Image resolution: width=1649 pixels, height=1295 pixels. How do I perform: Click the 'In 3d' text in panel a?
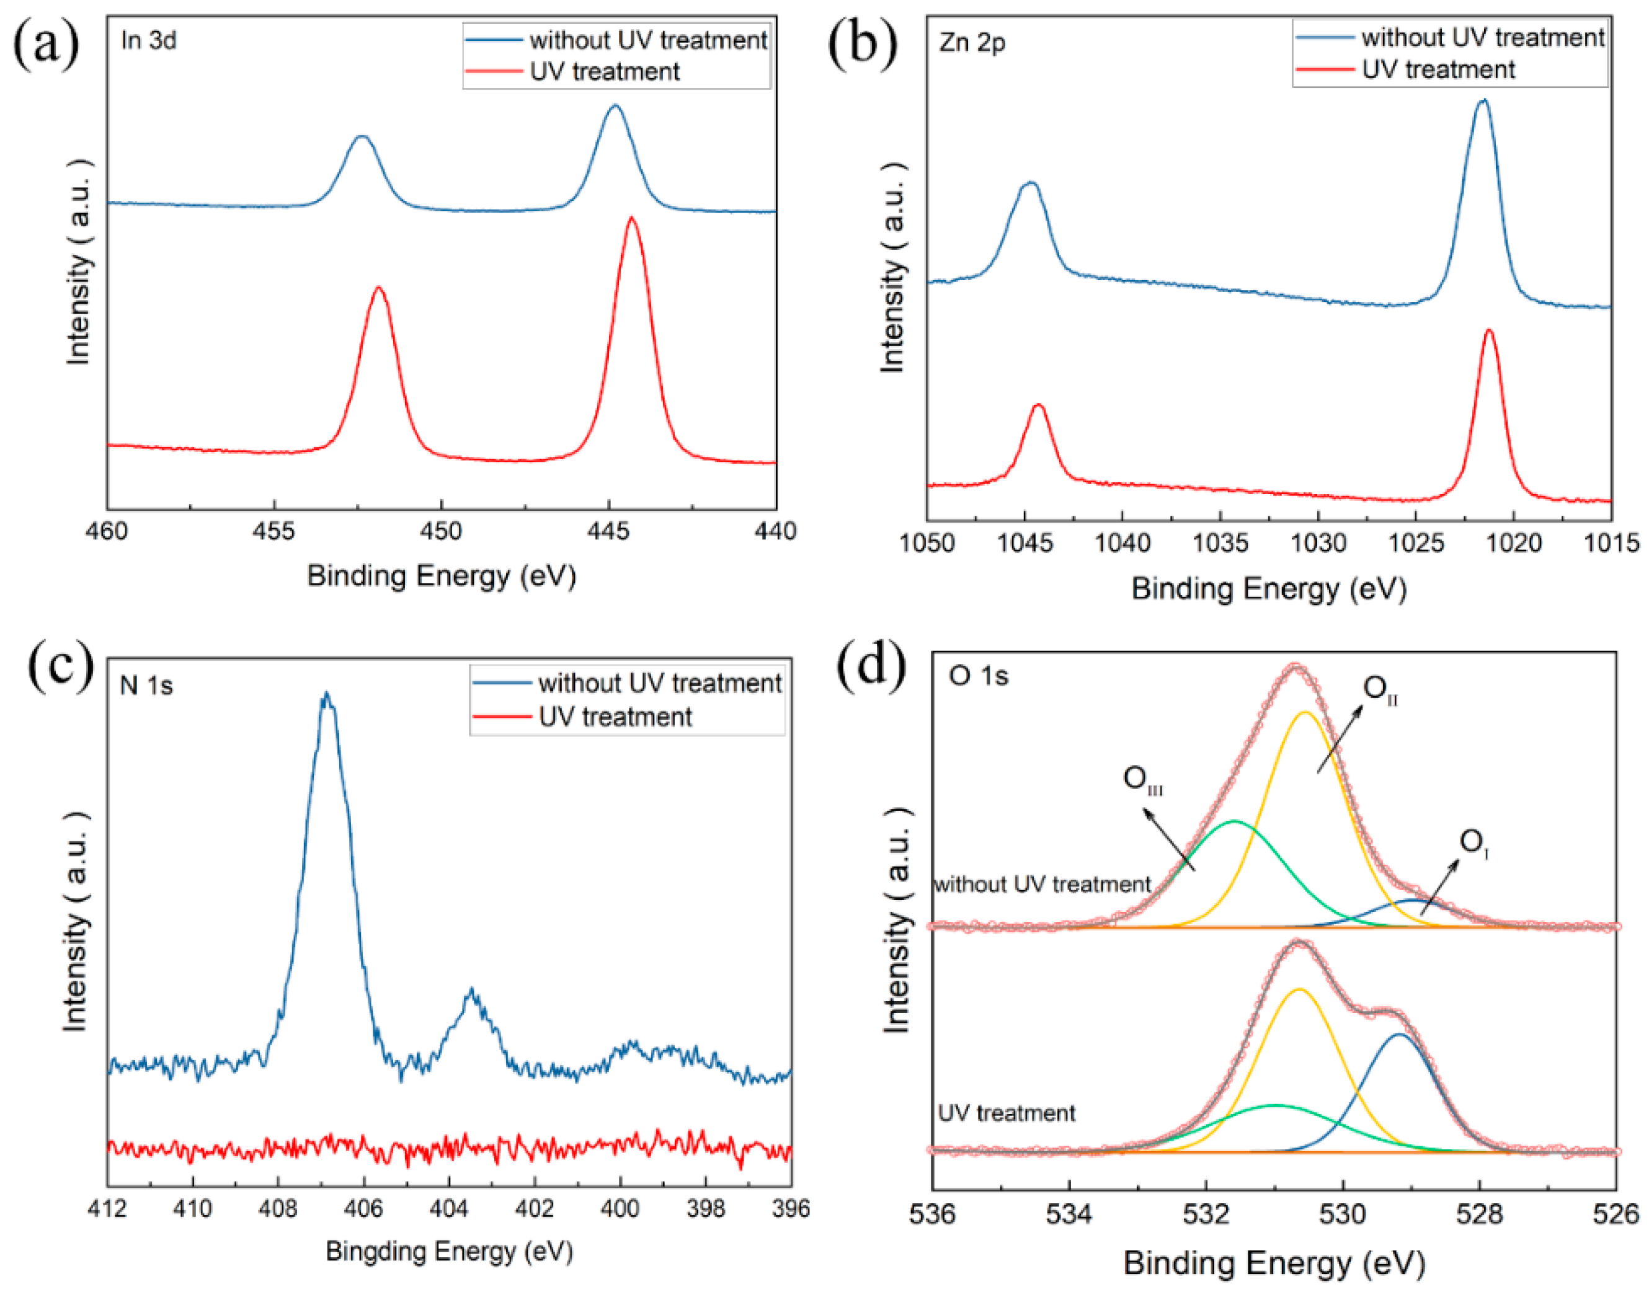[149, 40]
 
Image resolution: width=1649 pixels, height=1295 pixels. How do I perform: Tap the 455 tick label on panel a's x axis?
[274, 531]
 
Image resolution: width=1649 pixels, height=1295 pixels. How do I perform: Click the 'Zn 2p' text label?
[972, 42]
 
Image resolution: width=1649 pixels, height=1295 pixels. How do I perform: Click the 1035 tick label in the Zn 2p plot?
[1220, 543]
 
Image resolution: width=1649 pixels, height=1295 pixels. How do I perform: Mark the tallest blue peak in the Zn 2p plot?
[1483, 101]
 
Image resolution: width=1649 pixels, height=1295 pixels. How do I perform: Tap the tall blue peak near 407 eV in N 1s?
[327, 694]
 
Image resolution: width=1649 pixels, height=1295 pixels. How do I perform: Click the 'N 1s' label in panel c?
[146, 686]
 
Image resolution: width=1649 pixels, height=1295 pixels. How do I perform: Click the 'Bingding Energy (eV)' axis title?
[449, 1251]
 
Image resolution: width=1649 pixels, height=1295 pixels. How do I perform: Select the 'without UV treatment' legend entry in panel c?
[659, 683]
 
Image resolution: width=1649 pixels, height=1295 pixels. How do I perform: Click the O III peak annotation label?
[1142, 779]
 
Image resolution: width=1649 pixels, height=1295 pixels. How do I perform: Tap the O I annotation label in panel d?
[1473, 842]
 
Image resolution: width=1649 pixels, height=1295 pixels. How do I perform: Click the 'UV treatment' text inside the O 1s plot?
[1007, 1113]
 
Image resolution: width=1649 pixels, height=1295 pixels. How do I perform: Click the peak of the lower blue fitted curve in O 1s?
[1400, 1035]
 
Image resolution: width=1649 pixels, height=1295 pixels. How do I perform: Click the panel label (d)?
[871, 666]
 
